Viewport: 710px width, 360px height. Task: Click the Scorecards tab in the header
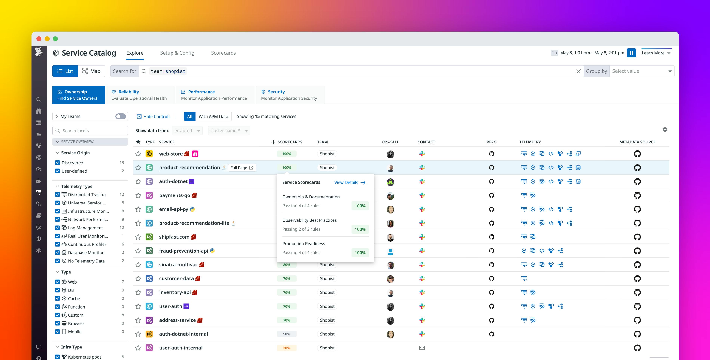coord(223,53)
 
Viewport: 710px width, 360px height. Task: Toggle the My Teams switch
coord(121,116)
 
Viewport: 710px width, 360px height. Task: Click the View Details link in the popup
coord(349,182)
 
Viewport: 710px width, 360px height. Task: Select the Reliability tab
coord(139,95)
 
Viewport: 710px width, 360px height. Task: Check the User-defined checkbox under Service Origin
coord(57,171)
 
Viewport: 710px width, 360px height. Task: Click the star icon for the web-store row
coord(138,154)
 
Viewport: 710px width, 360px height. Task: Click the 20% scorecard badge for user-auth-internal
coord(287,348)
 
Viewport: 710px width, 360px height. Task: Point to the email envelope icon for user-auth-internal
coord(422,348)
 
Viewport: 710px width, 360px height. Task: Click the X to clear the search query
coord(578,71)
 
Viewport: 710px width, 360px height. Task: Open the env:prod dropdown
coord(187,130)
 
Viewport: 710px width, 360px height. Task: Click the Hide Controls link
coord(154,116)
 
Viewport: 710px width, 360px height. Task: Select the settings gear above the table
coord(665,129)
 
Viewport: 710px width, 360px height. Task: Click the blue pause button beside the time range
coord(631,53)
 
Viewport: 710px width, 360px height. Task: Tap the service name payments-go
coord(175,195)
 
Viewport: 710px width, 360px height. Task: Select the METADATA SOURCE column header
coord(637,142)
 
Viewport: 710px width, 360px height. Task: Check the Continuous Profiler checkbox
coord(57,244)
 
